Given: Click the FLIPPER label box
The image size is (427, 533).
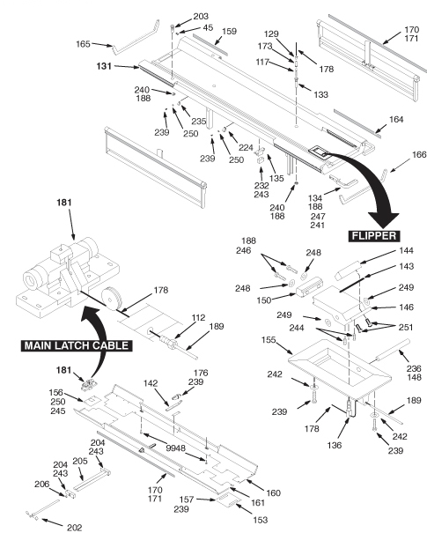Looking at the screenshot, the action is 374,236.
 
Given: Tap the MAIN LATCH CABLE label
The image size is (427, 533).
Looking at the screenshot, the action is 77,345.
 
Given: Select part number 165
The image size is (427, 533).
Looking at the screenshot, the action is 83,44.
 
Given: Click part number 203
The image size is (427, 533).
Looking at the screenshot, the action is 201,17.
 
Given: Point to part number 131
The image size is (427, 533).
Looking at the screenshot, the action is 104,66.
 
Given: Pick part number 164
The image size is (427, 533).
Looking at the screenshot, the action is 396,119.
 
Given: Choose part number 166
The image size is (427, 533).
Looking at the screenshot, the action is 419,155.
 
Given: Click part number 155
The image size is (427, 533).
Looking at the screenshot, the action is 269,340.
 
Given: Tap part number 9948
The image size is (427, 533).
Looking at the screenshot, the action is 176,448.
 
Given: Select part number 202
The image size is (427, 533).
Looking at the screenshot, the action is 74,527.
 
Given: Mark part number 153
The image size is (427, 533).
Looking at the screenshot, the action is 261,520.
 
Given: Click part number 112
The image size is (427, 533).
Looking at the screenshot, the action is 198,317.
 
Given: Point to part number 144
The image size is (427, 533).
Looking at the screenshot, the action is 406,251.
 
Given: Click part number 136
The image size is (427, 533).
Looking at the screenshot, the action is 335,445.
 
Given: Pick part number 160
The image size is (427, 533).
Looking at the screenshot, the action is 273,492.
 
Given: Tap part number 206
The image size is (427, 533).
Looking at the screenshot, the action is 41,484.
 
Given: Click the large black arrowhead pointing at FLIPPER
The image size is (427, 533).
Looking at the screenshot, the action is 383,219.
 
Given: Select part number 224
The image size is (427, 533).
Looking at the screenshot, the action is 246,147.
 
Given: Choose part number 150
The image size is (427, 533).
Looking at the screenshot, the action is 264,300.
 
